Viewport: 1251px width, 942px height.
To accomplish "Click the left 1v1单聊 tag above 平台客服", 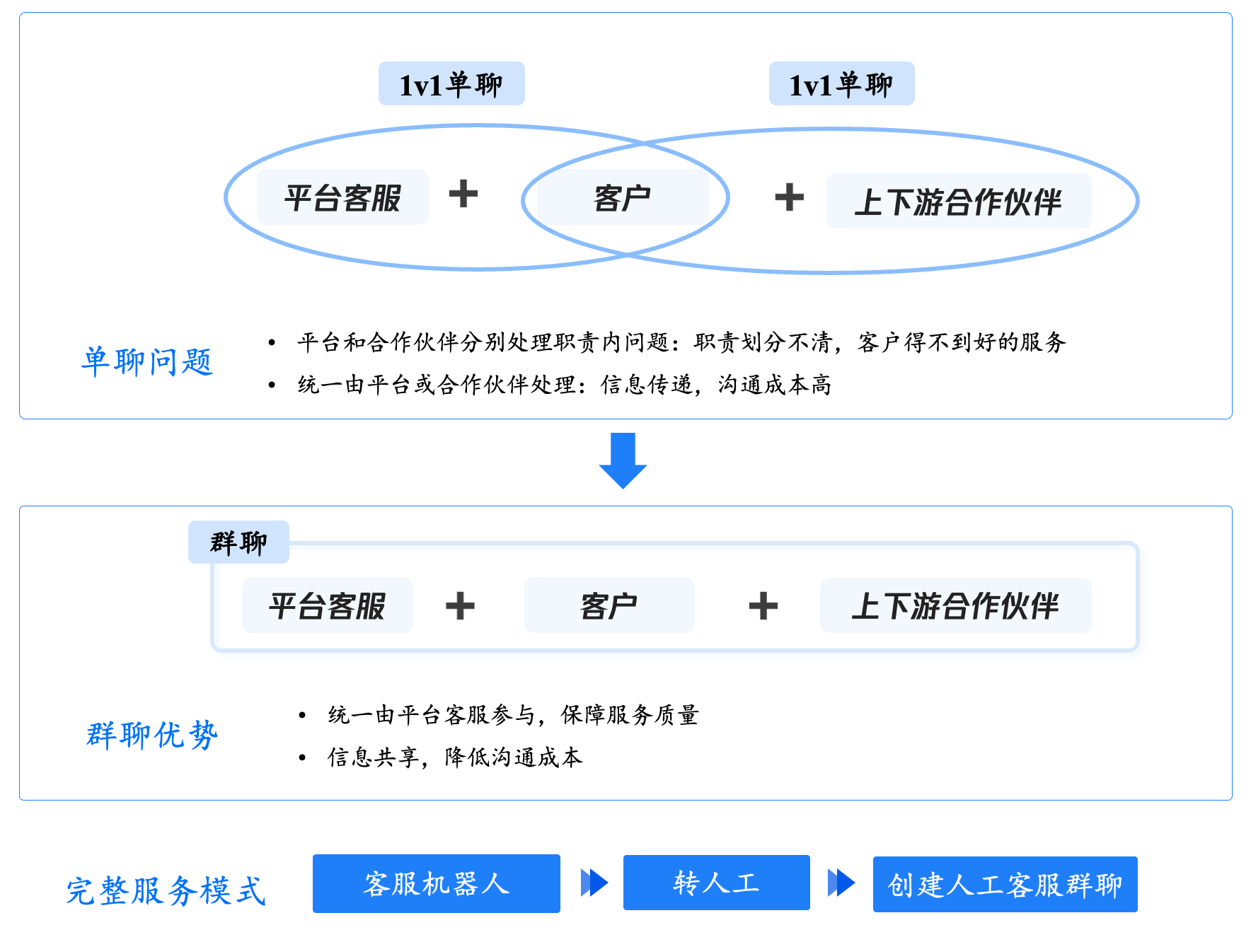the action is click(x=451, y=83).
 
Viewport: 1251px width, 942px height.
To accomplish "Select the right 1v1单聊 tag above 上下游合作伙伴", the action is click(x=841, y=83).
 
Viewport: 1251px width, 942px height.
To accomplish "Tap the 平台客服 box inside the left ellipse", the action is click(x=342, y=197).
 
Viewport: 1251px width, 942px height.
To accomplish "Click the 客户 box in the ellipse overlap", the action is click(x=623, y=197).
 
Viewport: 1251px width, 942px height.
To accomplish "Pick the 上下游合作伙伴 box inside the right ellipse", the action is click(x=959, y=201).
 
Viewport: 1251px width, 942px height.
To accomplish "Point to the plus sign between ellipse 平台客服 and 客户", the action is click(x=463, y=194).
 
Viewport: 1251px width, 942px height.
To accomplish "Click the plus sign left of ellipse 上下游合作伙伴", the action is click(x=789, y=197).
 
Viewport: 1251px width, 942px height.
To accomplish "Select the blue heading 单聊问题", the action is click(x=147, y=361).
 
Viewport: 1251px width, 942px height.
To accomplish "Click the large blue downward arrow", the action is click(x=623, y=460).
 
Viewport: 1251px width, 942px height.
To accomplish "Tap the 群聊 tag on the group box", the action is click(x=238, y=542).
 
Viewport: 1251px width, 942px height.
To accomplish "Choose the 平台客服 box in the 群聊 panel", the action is click(x=327, y=605).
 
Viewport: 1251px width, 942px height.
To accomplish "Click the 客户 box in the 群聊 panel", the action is click(x=609, y=605).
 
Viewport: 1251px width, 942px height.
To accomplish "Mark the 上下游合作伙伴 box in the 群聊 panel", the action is click(x=956, y=605).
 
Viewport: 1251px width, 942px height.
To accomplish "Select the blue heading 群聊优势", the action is click(x=152, y=735).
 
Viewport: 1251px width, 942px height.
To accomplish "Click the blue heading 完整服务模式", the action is click(x=166, y=890).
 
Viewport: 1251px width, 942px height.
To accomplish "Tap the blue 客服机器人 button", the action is click(x=437, y=884).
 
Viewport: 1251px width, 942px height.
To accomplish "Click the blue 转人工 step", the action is click(x=717, y=883).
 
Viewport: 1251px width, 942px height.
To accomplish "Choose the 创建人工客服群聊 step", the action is click(x=1005, y=884).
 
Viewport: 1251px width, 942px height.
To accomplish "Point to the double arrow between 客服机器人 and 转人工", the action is click(x=594, y=883).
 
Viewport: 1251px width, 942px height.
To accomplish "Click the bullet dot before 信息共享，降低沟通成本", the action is click(x=302, y=757).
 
